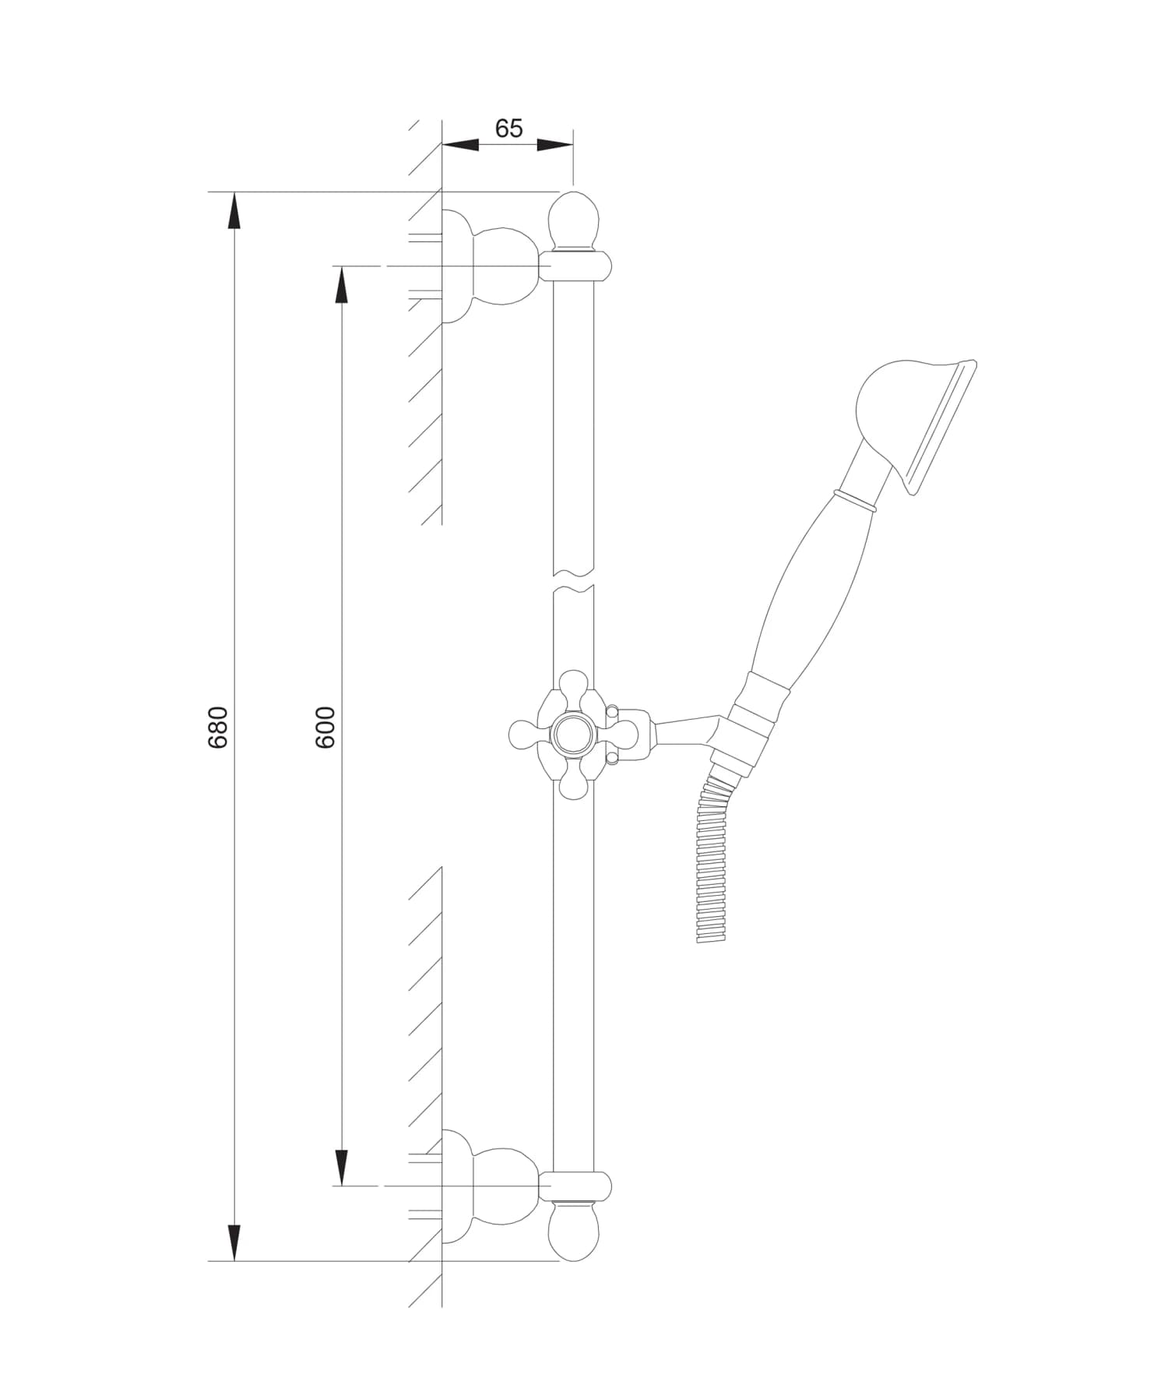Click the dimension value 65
point(508,128)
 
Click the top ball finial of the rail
point(574,220)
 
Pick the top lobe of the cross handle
point(574,685)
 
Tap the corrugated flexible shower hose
point(712,865)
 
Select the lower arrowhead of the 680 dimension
point(234,1242)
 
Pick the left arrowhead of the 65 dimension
point(460,145)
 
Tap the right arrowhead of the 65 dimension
point(554,145)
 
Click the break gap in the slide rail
point(574,581)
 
